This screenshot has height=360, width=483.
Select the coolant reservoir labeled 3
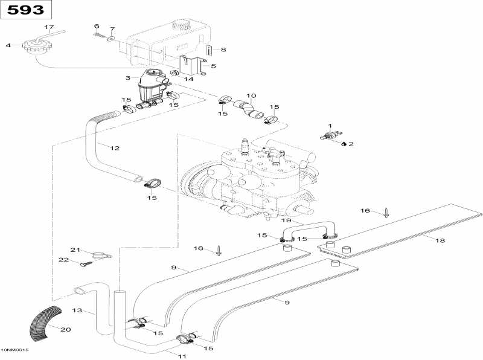[151, 85]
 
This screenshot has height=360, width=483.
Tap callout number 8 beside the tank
[223, 50]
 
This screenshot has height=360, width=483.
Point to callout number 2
[350, 144]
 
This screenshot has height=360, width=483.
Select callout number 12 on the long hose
[115, 147]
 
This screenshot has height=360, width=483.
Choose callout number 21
[75, 249]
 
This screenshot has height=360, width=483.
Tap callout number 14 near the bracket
[188, 79]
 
